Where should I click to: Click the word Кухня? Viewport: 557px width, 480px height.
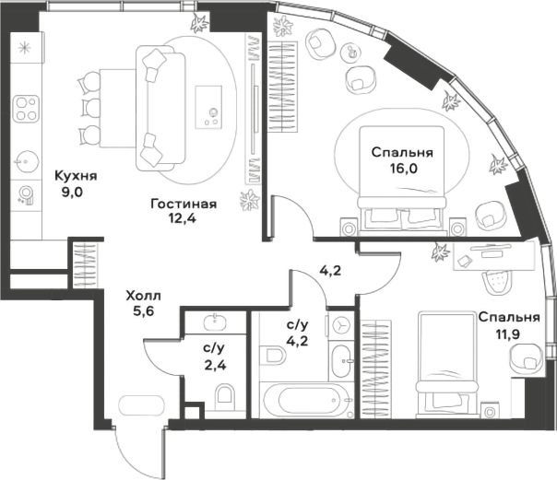tap(76, 176)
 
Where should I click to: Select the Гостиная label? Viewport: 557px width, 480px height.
tap(184, 205)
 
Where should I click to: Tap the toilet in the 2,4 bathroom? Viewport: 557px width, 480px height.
tap(225, 396)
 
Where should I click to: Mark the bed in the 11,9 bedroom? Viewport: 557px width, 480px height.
tap(447, 359)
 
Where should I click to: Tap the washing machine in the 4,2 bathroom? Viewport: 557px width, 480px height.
tap(342, 325)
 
